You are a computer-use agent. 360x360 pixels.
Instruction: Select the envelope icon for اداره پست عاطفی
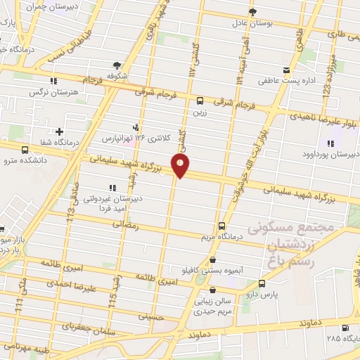tap(286, 70)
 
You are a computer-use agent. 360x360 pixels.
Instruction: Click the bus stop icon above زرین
tap(200, 100)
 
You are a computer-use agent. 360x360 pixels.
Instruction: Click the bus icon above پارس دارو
tap(262, 283)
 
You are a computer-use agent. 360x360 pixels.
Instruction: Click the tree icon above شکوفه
tap(128, 65)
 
